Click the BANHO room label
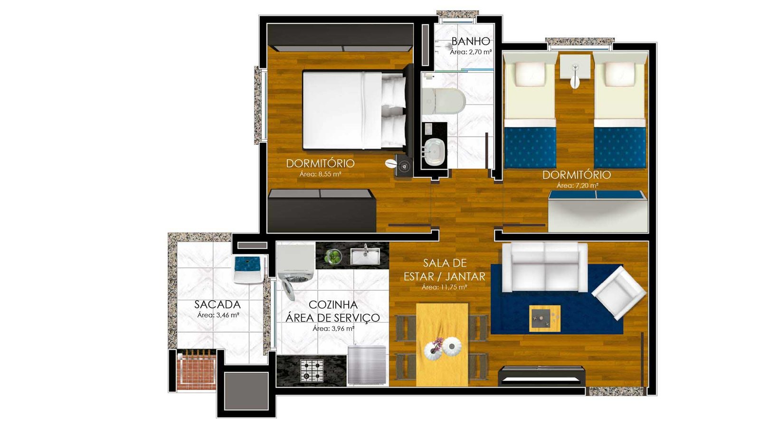pyautogui.click(x=471, y=41)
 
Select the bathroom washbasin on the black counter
pyautogui.click(x=435, y=152)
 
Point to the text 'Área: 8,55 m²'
pyautogui.click(x=320, y=174)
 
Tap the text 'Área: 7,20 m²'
pyautogui.click(x=577, y=186)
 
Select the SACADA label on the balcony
pyautogui.click(x=218, y=304)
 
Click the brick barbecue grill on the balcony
pyautogui.click(x=196, y=370)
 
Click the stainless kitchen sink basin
pyautogui.click(x=365, y=256)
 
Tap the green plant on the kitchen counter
pyautogui.click(x=333, y=256)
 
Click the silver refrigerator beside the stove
pyautogui.click(x=367, y=365)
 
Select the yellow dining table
pyautogui.click(x=442, y=344)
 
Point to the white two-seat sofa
pyautogui.click(x=545, y=267)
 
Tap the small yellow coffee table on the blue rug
pyautogui.click(x=545, y=318)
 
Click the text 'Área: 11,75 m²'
pyautogui.click(x=445, y=287)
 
